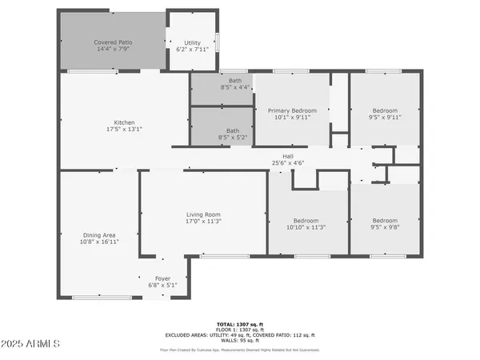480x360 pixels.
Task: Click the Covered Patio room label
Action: (x=113, y=42)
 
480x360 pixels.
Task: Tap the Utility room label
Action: (x=192, y=42)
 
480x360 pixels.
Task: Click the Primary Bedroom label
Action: (x=292, y=110)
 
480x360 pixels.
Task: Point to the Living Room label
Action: (x=203, y=214)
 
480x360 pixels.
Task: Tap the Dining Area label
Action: (x=99, y=235)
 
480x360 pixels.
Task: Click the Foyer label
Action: (x=162, y=278)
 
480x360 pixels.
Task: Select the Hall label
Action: (x=288, y=156)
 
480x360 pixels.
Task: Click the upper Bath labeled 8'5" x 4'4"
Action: (x=234, y=81)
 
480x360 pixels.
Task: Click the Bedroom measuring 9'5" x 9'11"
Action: (x=385, y=110)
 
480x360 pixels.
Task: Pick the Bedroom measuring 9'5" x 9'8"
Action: (x=385, y=221)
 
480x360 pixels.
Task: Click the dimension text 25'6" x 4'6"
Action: (x=288, y=163)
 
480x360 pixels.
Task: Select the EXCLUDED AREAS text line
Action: (x=241, y=335)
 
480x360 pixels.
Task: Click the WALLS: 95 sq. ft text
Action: (x=241, y=341)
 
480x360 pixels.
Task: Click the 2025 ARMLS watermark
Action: (x=32, y=344)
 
